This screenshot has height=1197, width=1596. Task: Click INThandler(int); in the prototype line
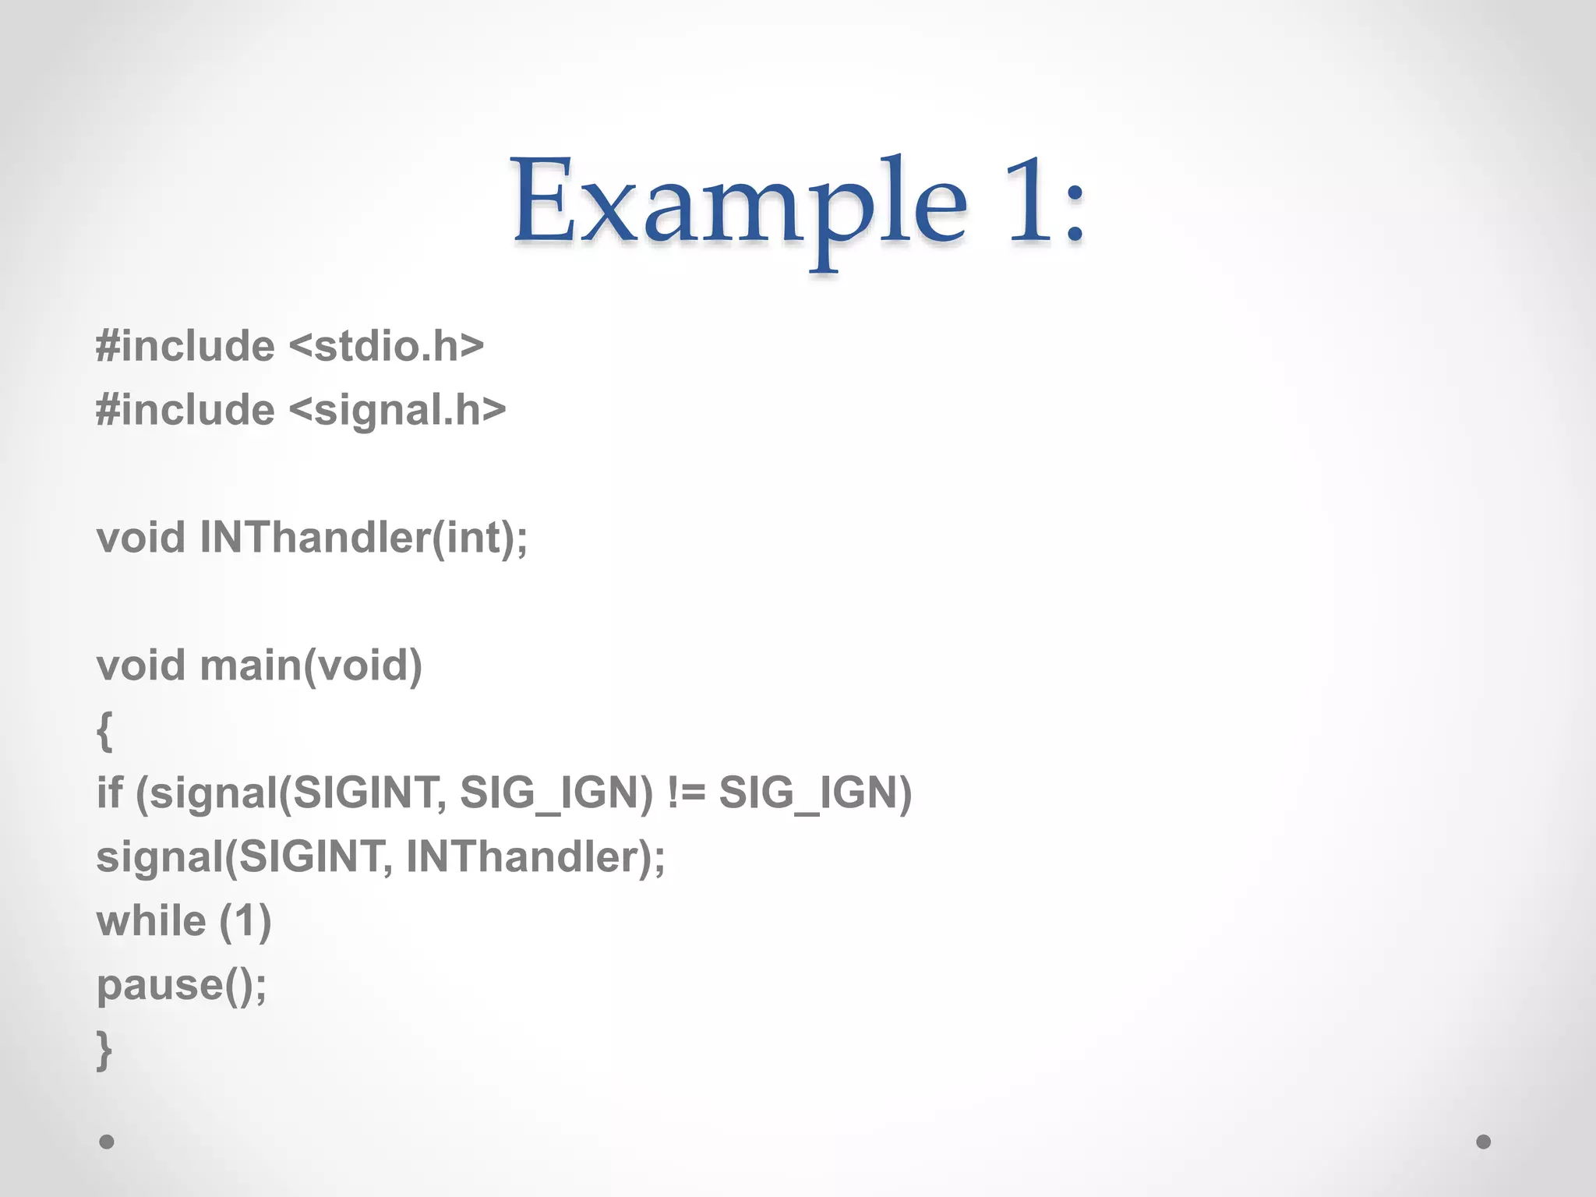[x=364, y=538]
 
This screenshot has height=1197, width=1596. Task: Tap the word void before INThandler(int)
[x=141, y=538]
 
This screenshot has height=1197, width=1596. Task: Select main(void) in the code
[x=311, y=666]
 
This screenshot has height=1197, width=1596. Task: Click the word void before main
[x=141, y=666]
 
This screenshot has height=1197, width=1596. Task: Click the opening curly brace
[x=104, y=731]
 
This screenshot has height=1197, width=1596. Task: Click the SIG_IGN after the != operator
[x=815, y=793]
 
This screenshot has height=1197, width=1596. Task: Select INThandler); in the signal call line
[x=536, y=856]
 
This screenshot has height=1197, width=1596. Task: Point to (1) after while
[x=245, y=922]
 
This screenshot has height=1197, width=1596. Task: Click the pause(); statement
[x=182, y=985]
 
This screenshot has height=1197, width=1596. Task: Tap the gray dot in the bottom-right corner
[x=1484, y=1142]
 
